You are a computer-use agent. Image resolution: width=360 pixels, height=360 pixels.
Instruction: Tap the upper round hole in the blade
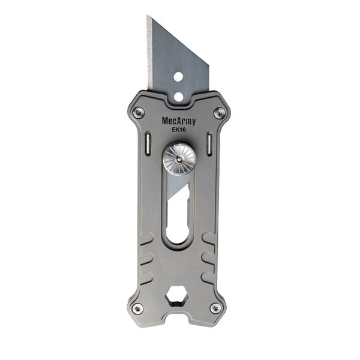click(178, 76)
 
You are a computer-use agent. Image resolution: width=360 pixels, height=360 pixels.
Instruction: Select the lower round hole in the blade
click(178, 95)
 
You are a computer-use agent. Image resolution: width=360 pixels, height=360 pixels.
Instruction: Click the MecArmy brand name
click(178, 121)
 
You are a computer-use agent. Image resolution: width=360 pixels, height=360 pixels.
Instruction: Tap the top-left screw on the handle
click(139, 112)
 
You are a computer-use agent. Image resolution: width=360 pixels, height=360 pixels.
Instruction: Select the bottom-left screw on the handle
click(137, 308)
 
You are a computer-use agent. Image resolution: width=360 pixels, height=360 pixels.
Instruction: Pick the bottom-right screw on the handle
click(216, 308)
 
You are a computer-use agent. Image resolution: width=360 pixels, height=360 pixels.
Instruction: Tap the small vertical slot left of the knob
click(148, 144)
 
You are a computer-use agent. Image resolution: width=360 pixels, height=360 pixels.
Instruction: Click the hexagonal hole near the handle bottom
click(177, 296)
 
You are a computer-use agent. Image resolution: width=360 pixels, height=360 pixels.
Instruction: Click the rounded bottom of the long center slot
click(177, 238)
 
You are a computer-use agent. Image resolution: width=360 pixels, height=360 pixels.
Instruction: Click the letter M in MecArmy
click(165, 121)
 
